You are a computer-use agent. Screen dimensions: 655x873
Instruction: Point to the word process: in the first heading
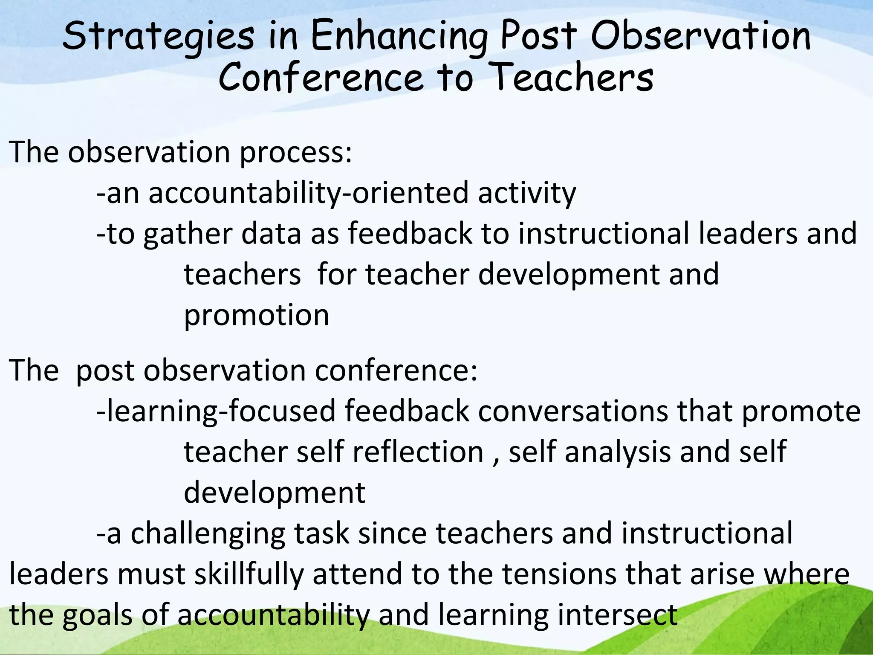coord(296,152)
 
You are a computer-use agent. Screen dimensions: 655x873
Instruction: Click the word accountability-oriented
coord(307,193)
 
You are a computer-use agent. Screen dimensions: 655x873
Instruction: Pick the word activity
coord(527,193)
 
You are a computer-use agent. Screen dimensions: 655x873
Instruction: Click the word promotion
coord(256,316)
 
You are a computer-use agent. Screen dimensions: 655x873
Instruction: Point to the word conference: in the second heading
coord(396,370)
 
